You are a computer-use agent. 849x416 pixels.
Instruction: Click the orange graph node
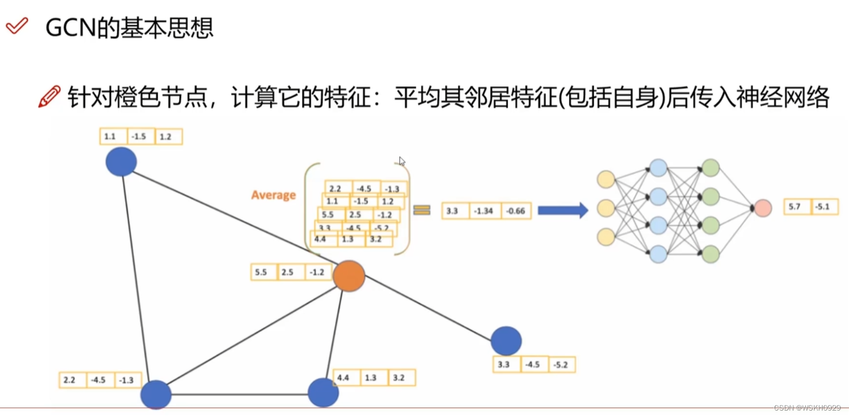click(349, 276)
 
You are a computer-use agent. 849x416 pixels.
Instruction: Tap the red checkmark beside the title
click(16, 26)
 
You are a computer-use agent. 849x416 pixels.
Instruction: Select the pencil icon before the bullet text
click(50, 97)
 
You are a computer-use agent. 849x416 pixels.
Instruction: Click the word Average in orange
click(273, 195)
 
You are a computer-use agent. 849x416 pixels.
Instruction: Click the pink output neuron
click(763, 208)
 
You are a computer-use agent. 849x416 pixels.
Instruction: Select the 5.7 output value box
click(797, 207)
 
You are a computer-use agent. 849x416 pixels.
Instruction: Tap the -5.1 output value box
click(825, 207)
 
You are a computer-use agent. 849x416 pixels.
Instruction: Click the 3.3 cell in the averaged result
click(456, 211)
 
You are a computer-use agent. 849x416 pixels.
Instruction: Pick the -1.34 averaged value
click(485, 211)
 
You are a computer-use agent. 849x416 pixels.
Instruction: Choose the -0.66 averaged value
click(515, 211)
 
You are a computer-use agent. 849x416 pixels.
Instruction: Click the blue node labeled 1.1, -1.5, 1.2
click(121, 162)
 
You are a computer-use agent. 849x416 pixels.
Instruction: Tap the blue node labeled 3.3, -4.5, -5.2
click(506, 340)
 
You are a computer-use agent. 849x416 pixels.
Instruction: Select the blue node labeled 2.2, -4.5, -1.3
click(156, 395)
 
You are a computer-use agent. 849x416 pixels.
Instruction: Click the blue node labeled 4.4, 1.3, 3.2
click(323, 393)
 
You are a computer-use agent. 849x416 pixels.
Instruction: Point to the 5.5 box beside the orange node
click(263, 272)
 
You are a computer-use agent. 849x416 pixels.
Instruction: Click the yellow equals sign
click(421, 210)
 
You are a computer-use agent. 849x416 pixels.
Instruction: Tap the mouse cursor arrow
click(402, 161)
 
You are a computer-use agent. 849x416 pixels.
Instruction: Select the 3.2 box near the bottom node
click(402, 378)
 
